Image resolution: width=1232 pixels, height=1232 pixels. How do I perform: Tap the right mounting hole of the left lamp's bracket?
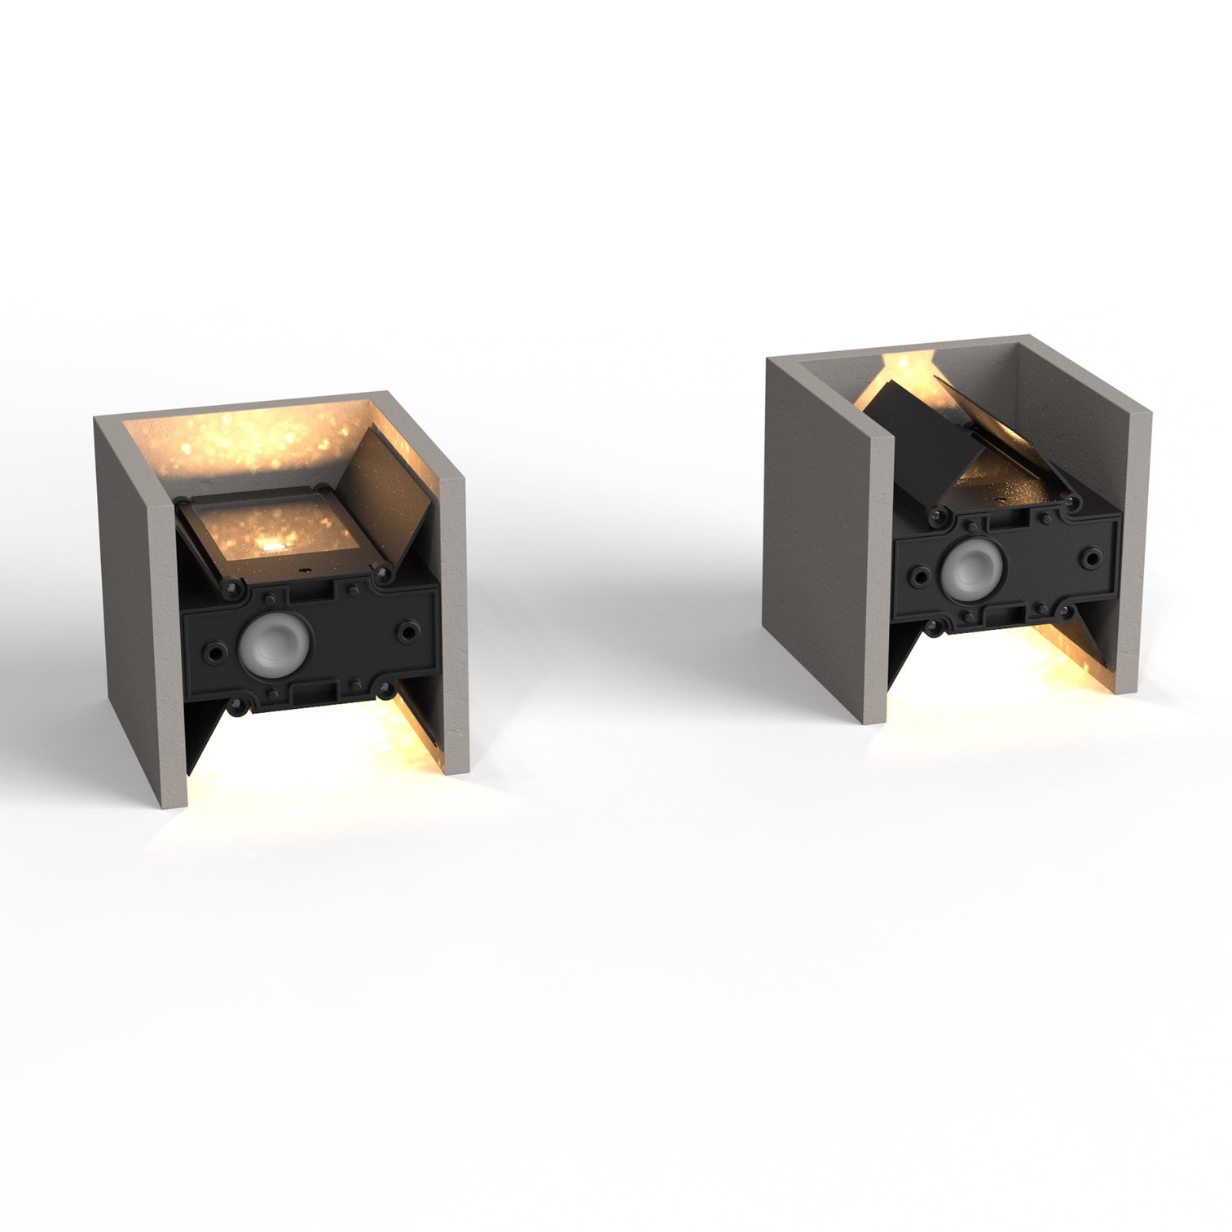point(407,630)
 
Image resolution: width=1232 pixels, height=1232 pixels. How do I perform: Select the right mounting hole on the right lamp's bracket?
point(1091,557)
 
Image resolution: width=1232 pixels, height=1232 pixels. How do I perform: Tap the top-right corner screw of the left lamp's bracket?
point(380,576)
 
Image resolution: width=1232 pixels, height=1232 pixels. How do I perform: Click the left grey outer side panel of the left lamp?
point(134,603)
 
